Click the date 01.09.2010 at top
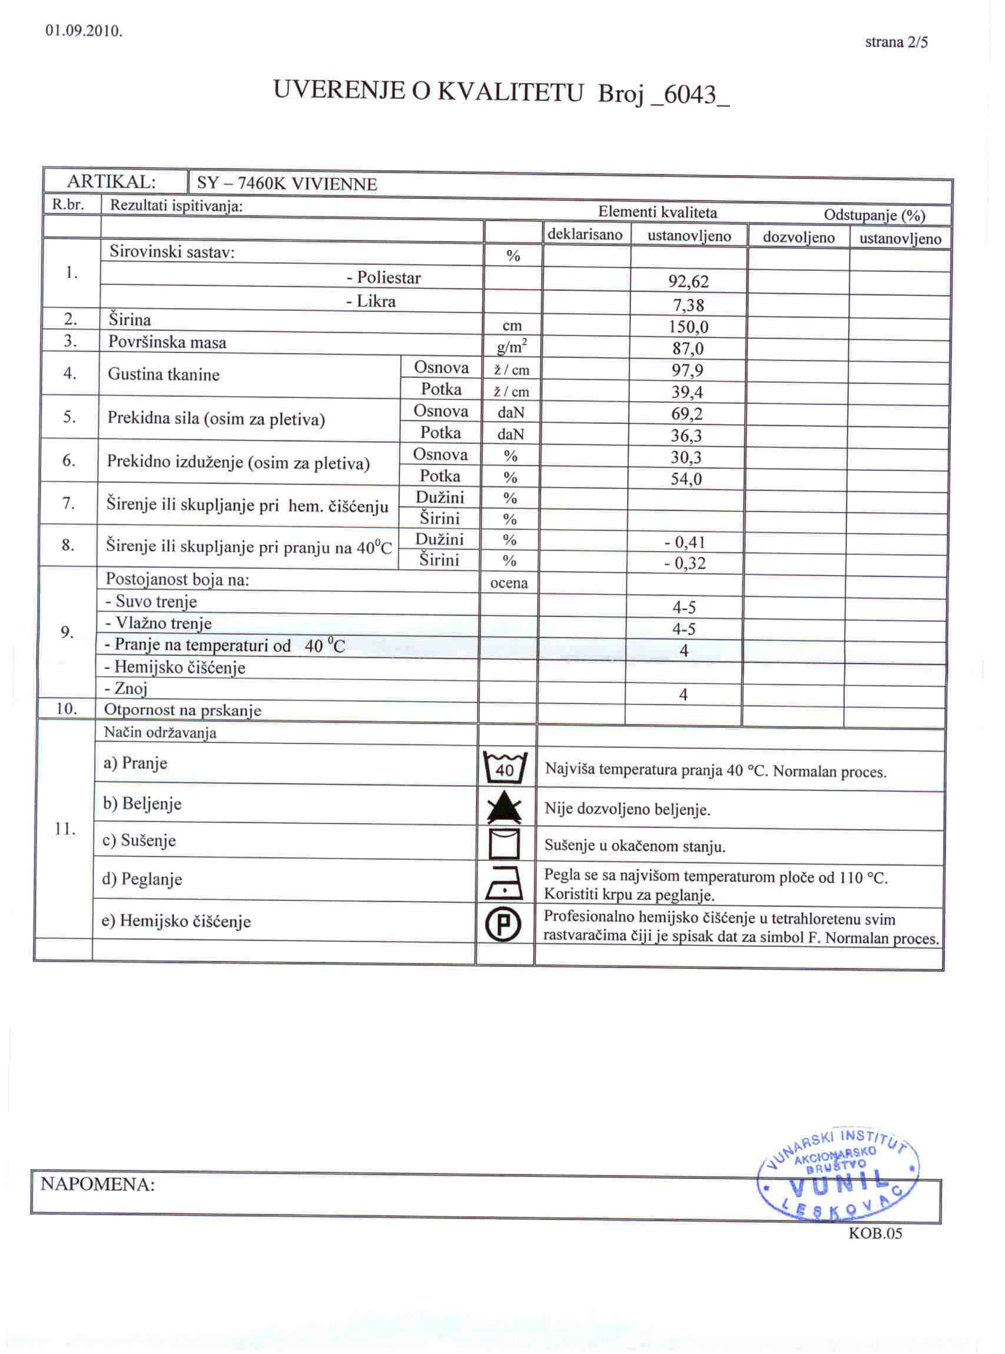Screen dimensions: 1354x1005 pyautogui.click(x=84, y=32)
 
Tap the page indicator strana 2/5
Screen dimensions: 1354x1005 pyautogui.click(x=896, y=42)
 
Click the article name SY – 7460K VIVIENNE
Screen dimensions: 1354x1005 pyautogui.click(x=287, y=184)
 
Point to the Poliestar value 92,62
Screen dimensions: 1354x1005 pyautogui.click(x=689, y=281)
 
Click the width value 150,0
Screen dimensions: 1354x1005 pyautogui.click(x=689, y=327)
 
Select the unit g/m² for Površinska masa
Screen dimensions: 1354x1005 pyautogui.click(x=512, y=347)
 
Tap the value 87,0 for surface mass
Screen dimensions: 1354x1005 pyautogui.click(x=688, y=349)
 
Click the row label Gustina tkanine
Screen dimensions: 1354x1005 pyautogui.click(x=164, y=374)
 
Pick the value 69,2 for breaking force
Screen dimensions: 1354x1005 pyautogui.click(x=688, y=414)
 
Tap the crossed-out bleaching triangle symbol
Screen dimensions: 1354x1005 pyautogui.click(x=505, y=808)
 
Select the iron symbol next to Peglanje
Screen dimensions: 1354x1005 pyautogui.click(x=505, y=883)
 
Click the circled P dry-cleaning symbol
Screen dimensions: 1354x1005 pyautogui.click(x=505, y=925)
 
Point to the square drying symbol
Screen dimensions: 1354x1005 pyautogui.click(x=505, y=844)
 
